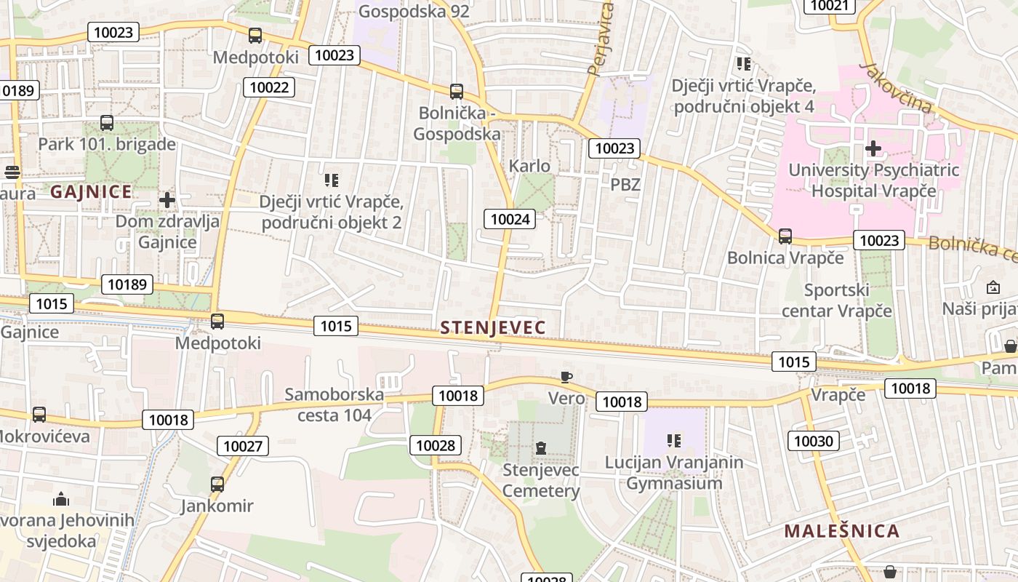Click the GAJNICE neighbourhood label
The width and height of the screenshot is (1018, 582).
click(92, 192)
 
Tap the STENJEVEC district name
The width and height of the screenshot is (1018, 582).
click(492, 328)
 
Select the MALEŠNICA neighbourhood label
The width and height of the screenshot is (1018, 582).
click(841, 531)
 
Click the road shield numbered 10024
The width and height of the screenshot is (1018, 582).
click(512, 219)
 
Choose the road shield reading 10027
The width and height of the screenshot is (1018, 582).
click(243, 446)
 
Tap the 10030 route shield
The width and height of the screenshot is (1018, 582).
click(814, 441)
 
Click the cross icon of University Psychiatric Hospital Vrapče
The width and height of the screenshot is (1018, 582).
click(873, 148)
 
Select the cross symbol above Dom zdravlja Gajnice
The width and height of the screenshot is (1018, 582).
click(167, 199)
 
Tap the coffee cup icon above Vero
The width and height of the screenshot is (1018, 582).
click(566, 377)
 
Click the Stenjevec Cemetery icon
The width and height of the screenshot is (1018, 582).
click(541, 447)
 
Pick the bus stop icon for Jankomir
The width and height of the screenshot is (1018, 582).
click(217, 484)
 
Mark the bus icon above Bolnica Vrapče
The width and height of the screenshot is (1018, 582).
click(785, 236)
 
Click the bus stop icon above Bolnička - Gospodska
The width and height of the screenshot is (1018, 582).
click(457, 92)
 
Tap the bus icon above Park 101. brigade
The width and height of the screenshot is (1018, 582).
click(107, 122)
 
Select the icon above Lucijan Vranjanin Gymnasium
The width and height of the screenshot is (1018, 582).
click(674, 441)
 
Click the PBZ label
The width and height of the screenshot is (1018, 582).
click(625, 185)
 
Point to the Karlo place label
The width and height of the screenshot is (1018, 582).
click(529, 166)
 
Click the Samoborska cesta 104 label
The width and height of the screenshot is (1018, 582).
click(334, 404)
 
